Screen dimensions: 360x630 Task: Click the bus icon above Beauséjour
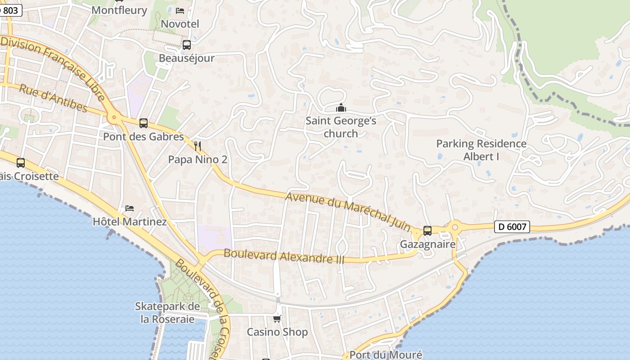click(186, 45)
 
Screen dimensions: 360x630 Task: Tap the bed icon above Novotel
click(180, 10)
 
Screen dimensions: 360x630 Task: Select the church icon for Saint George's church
click(341, 108)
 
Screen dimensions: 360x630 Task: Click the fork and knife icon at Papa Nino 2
click(197, 146)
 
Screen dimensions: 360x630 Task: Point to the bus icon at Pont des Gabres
click(144, 123)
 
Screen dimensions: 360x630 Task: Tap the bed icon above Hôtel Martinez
click(130, 208)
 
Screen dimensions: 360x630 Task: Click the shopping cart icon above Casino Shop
click(277, 319)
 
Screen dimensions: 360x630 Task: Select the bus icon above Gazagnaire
click(427, 230)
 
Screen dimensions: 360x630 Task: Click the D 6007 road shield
click(512, 227)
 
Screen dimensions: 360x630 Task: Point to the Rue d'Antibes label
click(53, 98)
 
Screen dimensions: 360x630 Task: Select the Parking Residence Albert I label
click(481, 150)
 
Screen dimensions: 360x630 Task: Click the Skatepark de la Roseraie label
click(167, 313)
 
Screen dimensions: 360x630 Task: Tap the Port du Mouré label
click(386, 355)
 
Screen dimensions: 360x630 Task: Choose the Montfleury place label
click(119, 10)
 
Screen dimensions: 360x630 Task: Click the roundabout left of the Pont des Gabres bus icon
click(113, 118)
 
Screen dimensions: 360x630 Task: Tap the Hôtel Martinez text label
click(130, 222)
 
